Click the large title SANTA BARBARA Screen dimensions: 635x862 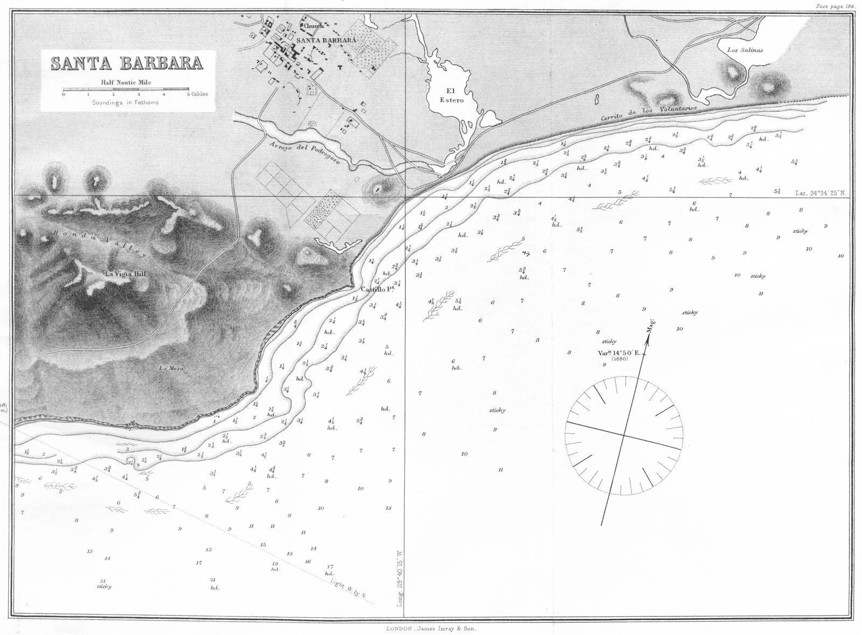(x=127, y=64)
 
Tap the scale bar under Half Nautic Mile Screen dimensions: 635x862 (x=126, y=89)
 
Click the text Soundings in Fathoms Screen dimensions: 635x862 (x=125, y=102)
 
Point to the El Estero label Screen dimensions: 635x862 (x=451, y=95)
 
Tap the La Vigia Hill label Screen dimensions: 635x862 (x=126, y=274)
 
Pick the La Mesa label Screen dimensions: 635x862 (x=172, y=369)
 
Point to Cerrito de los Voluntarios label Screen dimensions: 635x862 (x=649, y=113)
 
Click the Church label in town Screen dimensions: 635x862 (x=313, y=26)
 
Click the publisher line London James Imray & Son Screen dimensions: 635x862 (x=431, y=629)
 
